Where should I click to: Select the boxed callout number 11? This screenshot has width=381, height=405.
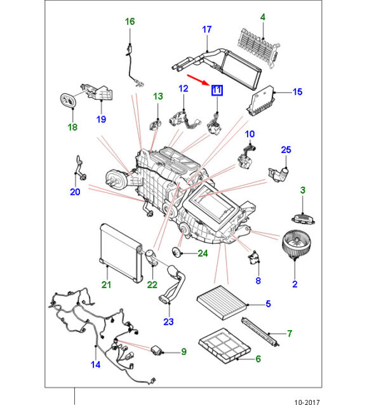pyautogui.click(x=217, y=90)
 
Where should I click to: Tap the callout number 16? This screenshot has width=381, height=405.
pyautogui.click(x=130, y=22)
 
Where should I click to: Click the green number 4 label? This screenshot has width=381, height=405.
pyautogui.click(x=263, y=17)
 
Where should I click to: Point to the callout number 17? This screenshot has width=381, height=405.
pyautogui.click(x=206, y=30)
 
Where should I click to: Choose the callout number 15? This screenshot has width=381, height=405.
pyautogui.click(x=297, y=92)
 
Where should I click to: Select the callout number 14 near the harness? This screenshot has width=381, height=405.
pyautogui.click(x=95, y=364)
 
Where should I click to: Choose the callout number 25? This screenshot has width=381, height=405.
pyautogui.click(x=286, y=150)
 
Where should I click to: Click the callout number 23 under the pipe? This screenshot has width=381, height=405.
pyautogui.click(x=168, y=322)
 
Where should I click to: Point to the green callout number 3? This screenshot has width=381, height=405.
pyautogui.click(x=303, y=190)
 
